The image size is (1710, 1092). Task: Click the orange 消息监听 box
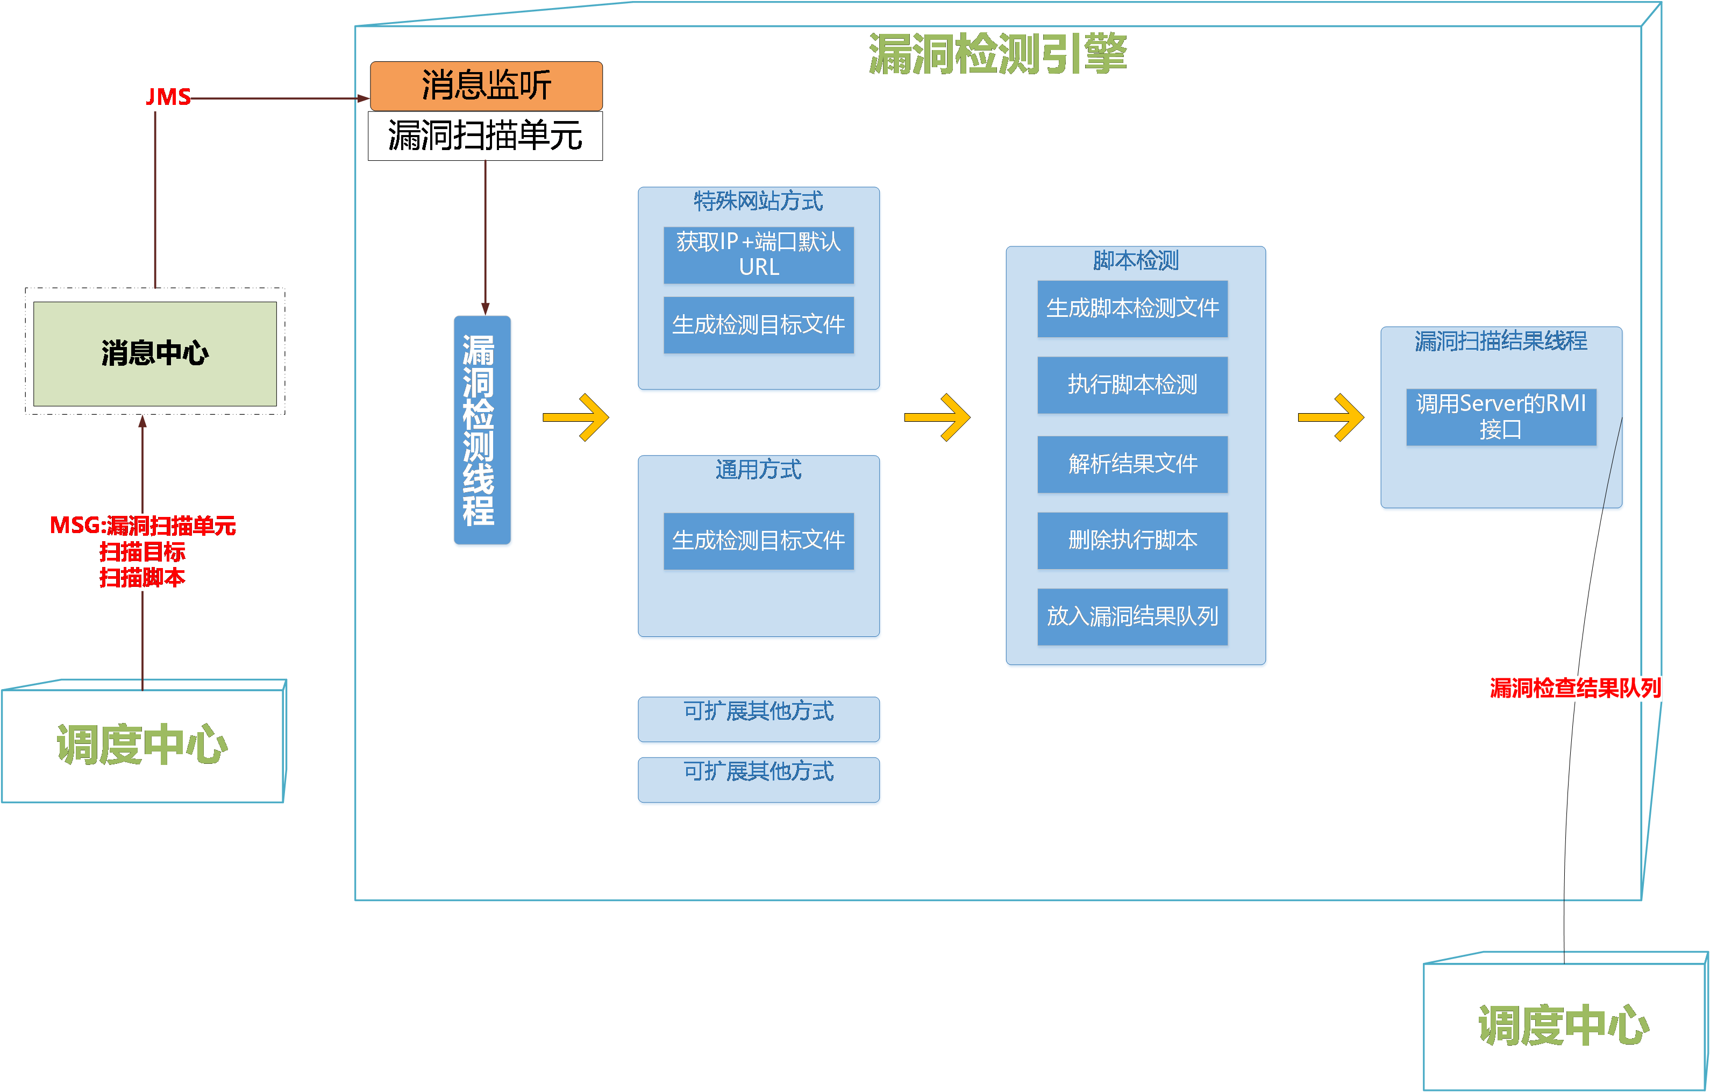click(487, 86)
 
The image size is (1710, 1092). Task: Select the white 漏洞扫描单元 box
click(486, 136)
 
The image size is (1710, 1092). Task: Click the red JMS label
click(168, 97)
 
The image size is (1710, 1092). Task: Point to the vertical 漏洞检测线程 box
click(482, 430)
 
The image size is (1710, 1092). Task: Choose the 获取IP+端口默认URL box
click(758, 255)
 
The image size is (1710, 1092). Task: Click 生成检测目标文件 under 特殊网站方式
click(758, 325)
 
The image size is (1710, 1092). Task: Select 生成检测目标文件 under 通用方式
click(758, 541)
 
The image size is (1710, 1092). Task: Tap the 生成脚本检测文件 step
click(1132, 308)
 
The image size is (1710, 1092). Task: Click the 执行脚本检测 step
click(1132, 385)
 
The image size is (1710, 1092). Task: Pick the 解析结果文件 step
click(1132, 464)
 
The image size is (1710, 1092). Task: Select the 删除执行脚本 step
click(1132, 541)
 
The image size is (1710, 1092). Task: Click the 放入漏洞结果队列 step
click(1132, 616)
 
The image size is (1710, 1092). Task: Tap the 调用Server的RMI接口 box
click(1501, 417)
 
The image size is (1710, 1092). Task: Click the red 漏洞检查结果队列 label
click(1575, 687)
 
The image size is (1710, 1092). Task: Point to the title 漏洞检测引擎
click(997, 54)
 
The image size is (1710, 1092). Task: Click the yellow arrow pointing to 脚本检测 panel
click(937, 418)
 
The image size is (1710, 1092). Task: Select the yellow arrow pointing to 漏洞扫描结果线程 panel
click(1331, 418)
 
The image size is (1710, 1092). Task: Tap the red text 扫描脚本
click(142, 578)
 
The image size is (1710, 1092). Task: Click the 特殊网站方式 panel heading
click(758, 201)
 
